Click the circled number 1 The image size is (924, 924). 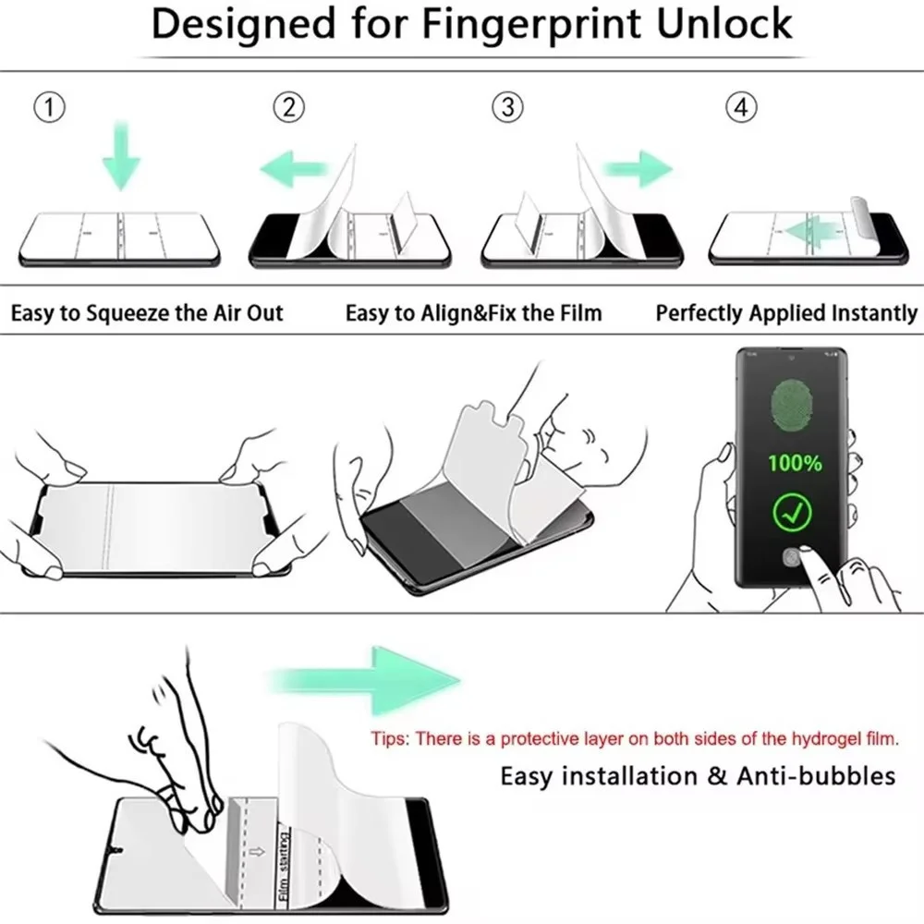tap(49, 108)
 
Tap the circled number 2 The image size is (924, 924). tap(289, 108)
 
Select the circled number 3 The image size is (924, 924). tap(506, 108)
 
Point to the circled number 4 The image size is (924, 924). tap(739, 108)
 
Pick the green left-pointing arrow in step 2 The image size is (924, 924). tap(294, 169)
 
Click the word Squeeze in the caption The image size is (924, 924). tap(132, 313)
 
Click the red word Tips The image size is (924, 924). tap(390, 738)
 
